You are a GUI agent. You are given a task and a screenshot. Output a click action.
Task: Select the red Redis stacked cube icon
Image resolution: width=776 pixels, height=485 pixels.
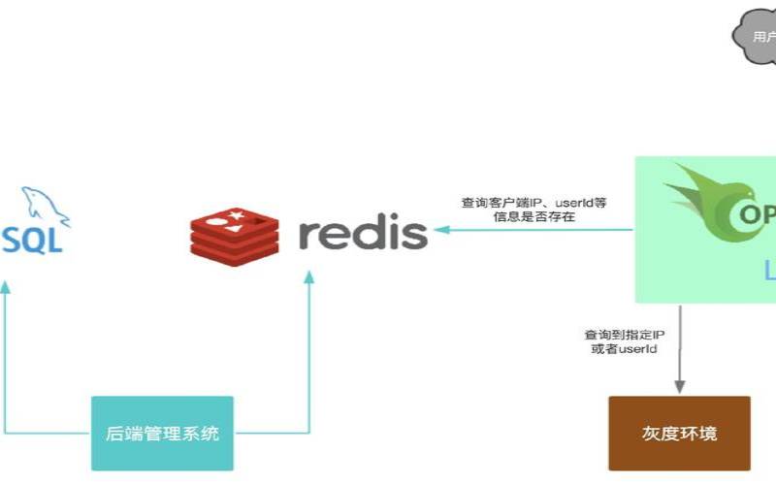pyautogui.click(x=234, y=231)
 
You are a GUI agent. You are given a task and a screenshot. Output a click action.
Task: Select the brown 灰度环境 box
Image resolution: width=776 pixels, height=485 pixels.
pyautogui.click(x=679, y=433)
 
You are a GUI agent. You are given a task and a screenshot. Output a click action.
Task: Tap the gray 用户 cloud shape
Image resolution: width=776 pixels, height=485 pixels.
pyautogui.click(x=757, y=37)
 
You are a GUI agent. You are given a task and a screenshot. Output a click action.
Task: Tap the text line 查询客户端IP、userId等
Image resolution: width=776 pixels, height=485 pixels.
pyautogui.click(x=533, y=203)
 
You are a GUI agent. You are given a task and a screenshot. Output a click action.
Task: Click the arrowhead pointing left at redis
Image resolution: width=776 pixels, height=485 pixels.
pyautogui.click(x=441, y=231)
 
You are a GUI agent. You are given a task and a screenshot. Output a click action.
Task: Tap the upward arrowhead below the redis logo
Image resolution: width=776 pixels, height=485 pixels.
pyautogui.click(x=308, y=277)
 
